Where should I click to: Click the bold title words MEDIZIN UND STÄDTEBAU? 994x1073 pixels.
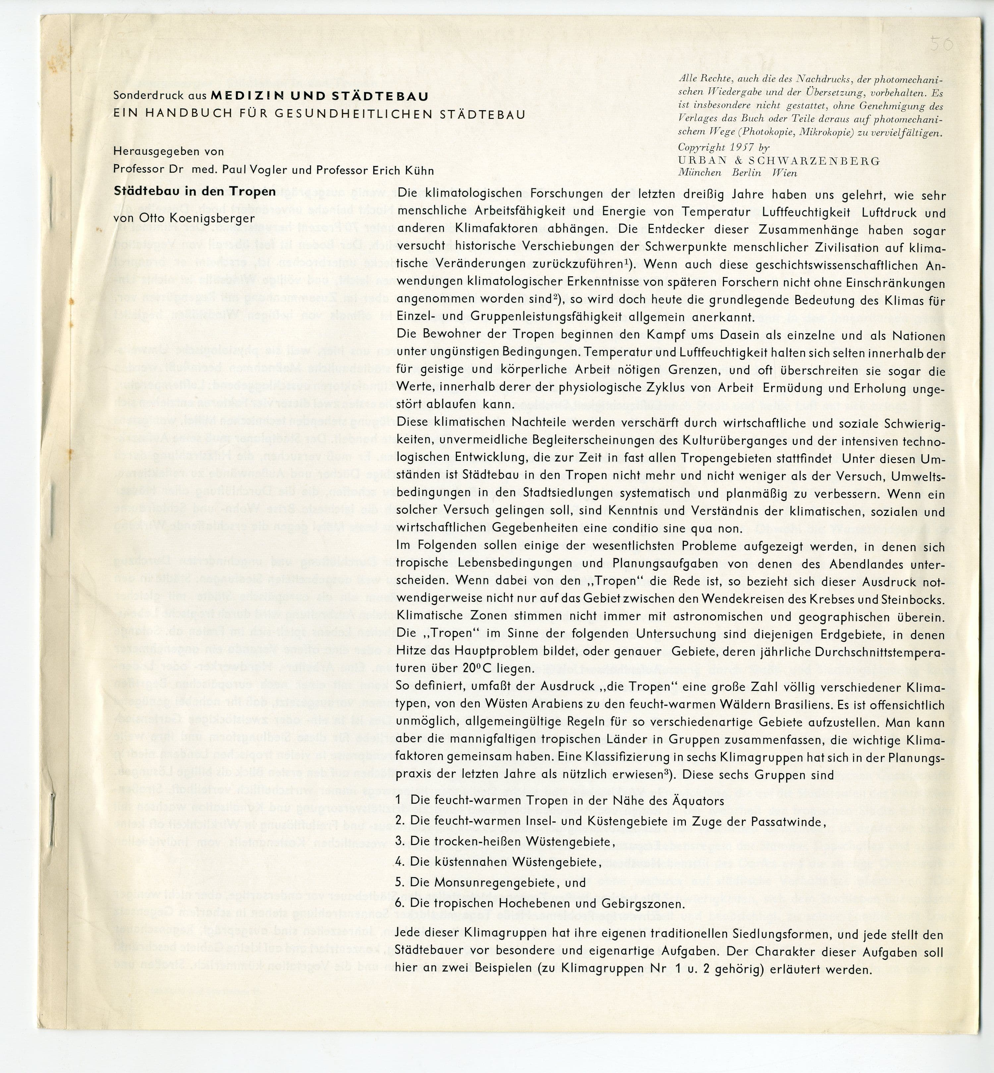(319, 97)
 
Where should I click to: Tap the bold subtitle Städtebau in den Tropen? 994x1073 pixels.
(195, 191)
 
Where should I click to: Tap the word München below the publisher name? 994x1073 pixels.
(699, 172)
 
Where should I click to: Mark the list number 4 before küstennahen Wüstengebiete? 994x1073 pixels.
(399, 862)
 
